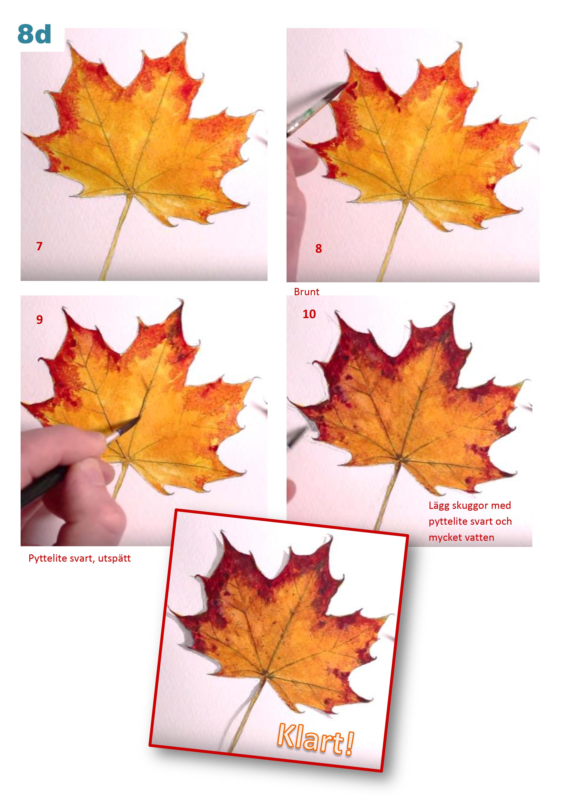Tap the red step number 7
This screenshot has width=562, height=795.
tap(39, 246)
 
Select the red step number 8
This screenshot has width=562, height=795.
tap(318, 248)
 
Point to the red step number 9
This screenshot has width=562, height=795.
tap(39, 319)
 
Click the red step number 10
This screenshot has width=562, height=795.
tap(309, 314)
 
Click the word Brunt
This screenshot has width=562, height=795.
tap(306, 292)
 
